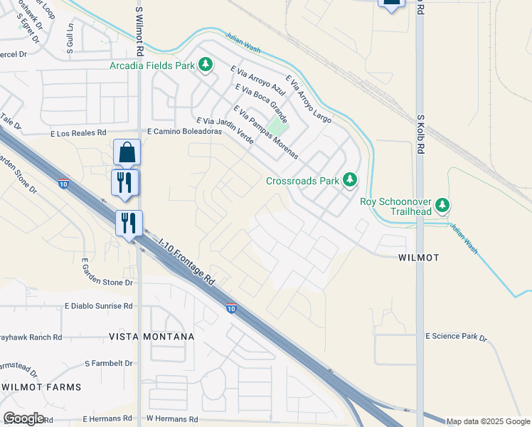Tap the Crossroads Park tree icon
[x=349, y=180]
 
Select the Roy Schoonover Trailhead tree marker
[x=443, y=206]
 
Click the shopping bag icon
[x=127, y=152]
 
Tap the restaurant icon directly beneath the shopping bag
[x=127, y=182]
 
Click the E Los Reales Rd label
[x=78, y=133]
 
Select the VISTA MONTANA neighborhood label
[x=151, y=336]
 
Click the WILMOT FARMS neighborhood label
[x=41, y=386]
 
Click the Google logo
[x=23, y=418]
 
